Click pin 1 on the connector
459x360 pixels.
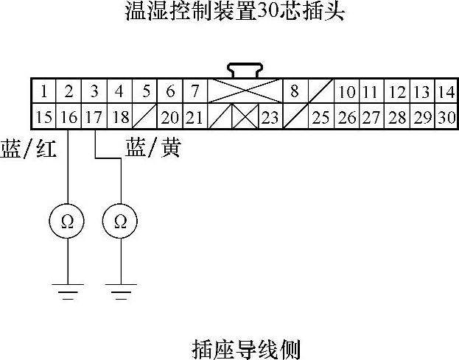pos(44,92)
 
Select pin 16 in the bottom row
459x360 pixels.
pos(69,117)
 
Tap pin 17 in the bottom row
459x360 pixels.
pos(94,117)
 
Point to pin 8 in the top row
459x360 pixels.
pos(295,92)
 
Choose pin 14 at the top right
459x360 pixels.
pos(446,92)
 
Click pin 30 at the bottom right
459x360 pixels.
pos(446,117)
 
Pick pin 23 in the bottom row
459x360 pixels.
pos(270,117)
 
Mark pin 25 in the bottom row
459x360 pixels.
pos(320,117)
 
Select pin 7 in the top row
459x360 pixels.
pos(195,92)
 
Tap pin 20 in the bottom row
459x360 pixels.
pos(170,117)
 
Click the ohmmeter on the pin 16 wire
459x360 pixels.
pos(67,221)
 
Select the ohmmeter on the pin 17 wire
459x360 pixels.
pos(121,221)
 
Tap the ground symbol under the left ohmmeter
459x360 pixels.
pos(67,293)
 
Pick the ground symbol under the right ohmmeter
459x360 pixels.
pos(121,293)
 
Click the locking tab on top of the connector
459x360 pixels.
pos(245,71)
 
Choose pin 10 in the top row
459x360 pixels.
pos(346,92)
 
